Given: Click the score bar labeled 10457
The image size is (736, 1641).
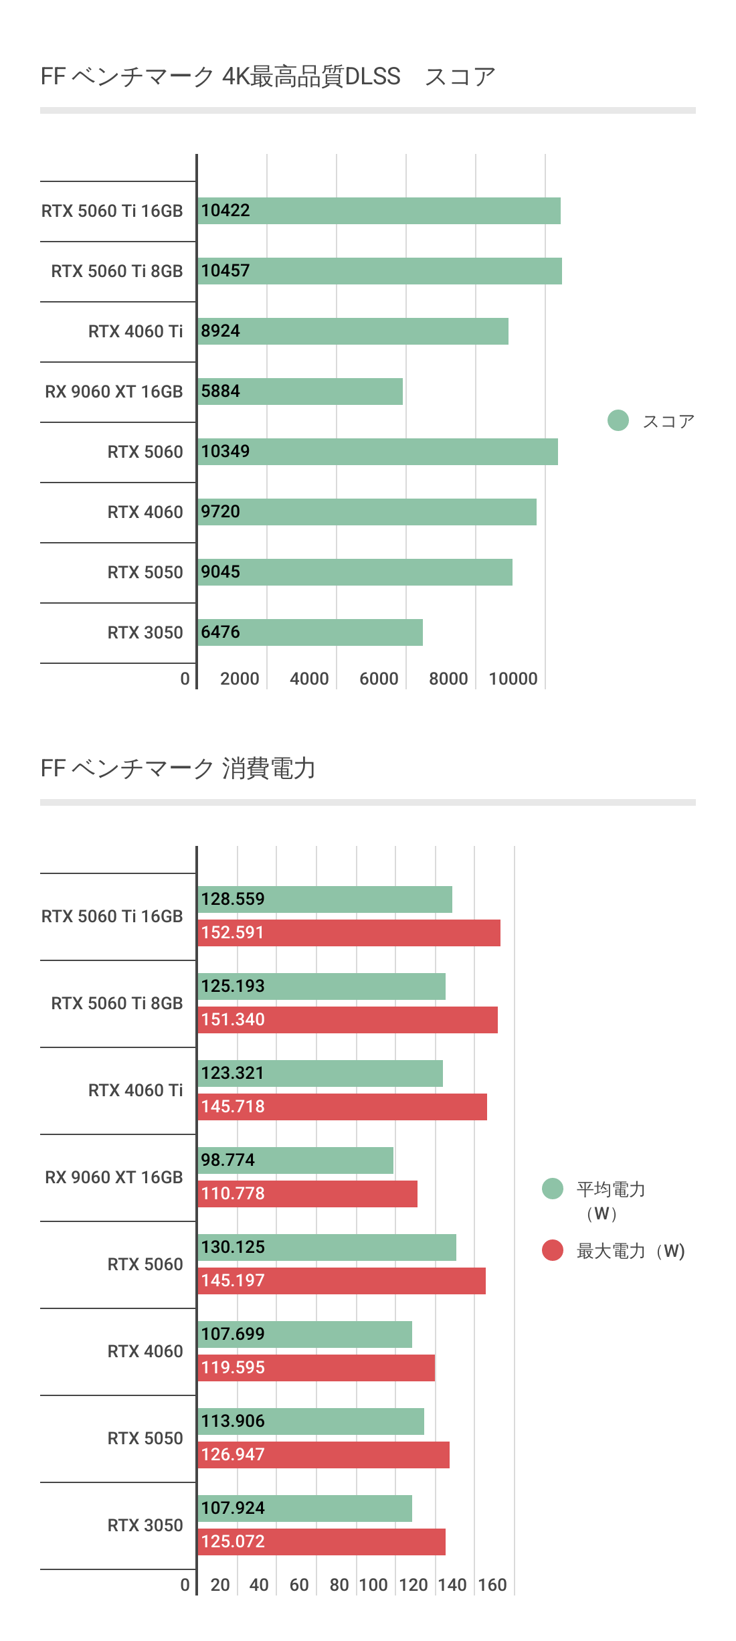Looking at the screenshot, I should coord(379,271).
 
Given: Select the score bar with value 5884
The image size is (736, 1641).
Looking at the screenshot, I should coord(300,392).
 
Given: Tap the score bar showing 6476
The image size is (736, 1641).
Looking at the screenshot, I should coord(310,632).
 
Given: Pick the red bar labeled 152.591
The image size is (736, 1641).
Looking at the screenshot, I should coord(349,933).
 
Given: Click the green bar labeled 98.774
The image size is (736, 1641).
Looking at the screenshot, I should coord(295,1160).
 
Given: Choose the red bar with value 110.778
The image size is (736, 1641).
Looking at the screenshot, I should coord(307,1194).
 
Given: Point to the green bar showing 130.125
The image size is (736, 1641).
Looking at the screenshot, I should coord(327,1247).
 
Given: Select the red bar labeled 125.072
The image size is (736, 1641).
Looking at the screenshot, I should coord(321,1542).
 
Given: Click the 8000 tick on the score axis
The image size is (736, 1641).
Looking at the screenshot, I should coord(448,679).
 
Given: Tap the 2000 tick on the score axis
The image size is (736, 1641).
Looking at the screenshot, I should coord(240,679).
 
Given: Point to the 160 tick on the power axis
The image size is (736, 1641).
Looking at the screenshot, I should coord(492,1585).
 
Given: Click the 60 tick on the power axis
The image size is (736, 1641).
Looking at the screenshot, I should coord(299,1585).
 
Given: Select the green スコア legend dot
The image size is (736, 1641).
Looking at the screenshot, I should coord(618,420).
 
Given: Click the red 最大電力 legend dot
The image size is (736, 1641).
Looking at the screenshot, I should coord(553,1250).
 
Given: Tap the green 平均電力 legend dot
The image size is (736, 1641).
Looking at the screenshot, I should coord(553,1189).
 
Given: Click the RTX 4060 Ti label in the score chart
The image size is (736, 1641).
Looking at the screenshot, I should coord(135,331).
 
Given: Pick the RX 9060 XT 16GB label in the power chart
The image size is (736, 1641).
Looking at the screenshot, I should coord(114,1177).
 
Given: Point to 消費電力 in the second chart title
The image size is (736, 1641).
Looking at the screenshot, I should coord(268,768).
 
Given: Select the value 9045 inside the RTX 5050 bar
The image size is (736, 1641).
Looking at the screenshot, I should coord(220,572).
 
